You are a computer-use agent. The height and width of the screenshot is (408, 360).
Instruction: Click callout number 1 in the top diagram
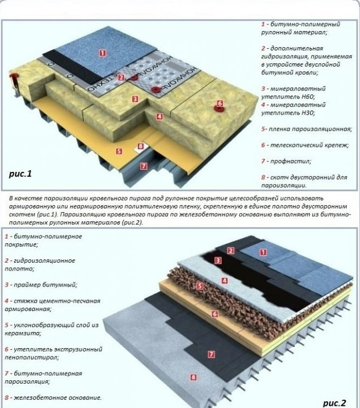coord(102,53)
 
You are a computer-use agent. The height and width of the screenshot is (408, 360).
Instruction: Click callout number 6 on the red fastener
coord(219,103)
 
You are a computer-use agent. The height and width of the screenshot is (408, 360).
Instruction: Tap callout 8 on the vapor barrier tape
coord(141,146)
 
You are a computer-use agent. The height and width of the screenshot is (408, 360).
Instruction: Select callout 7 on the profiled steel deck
coord(143,166)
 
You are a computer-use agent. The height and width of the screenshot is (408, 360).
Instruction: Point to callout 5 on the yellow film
coord(119,150)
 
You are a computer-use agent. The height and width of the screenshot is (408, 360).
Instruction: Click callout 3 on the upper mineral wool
coord(135,99)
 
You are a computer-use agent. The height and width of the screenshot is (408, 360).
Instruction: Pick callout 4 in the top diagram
coord(159,116)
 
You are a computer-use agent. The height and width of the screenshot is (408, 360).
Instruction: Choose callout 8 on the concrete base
coord(193,378)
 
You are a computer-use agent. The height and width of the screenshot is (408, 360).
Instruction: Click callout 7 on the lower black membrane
coord(210,353)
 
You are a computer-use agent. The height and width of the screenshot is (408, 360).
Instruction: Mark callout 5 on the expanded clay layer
coord(200,286)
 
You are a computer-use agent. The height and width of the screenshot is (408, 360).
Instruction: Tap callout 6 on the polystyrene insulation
coord(214,313)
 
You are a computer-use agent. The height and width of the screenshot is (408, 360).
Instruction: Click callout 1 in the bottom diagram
coord(263,252)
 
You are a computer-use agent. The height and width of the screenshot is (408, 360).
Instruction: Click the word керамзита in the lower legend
coord(19,333)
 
